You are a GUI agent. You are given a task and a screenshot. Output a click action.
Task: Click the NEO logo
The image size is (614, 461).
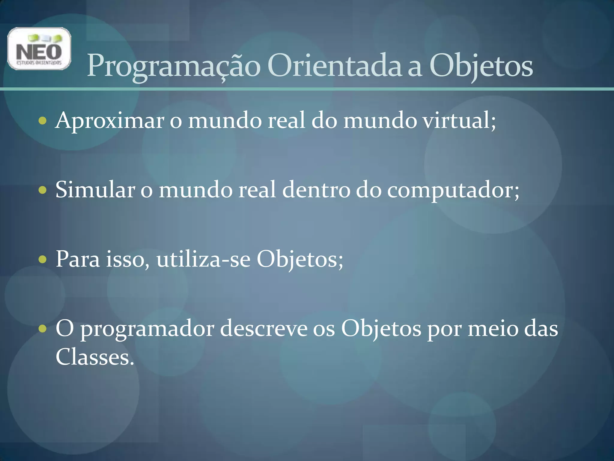tap(39, 49)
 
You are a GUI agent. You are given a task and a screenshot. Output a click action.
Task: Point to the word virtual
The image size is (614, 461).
tap(458, 120)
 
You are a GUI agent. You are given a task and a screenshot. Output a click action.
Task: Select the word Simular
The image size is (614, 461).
tap(95, 190)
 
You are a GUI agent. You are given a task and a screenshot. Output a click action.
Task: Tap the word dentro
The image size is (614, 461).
tap(316, 190)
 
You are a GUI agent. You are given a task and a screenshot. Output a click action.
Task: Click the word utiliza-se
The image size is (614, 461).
tap(203, 259)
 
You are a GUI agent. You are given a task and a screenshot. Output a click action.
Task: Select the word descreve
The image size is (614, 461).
tap(264, 328)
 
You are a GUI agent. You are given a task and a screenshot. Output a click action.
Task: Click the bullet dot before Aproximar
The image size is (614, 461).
tap(43, 121)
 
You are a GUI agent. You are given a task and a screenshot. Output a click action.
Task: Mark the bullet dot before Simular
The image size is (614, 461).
tap(43, 190)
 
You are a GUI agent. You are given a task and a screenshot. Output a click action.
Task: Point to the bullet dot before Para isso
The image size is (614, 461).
tap(43, 259)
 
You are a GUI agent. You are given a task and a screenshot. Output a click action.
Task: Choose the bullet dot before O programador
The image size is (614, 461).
tap(43, 329)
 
